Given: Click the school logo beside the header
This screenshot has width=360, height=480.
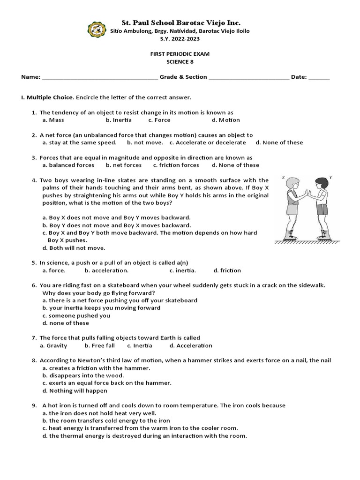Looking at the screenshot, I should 97,30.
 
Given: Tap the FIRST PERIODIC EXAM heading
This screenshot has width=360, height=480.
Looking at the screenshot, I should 180,54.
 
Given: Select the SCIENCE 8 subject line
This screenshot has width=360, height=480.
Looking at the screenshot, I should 180,61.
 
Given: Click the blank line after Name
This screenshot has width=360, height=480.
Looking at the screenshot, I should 100,78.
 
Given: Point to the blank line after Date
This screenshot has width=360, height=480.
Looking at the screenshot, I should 319,78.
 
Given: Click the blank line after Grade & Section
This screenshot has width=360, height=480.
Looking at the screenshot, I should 248,78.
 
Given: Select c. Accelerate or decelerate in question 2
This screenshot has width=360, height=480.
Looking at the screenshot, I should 208,142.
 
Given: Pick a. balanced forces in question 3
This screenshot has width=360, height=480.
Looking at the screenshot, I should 68,165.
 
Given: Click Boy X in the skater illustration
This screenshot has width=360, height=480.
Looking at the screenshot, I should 292,206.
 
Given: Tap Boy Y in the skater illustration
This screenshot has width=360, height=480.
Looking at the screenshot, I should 322,206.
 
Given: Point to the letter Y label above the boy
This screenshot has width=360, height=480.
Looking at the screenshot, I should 330,178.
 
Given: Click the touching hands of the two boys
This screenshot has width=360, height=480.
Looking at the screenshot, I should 307,193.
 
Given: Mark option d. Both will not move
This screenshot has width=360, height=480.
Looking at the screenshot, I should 74,248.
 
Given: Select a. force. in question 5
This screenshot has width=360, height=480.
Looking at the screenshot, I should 54,270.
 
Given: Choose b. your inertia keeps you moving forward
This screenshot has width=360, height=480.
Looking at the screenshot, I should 101,308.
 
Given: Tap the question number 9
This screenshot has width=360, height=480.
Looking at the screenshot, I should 34,405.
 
